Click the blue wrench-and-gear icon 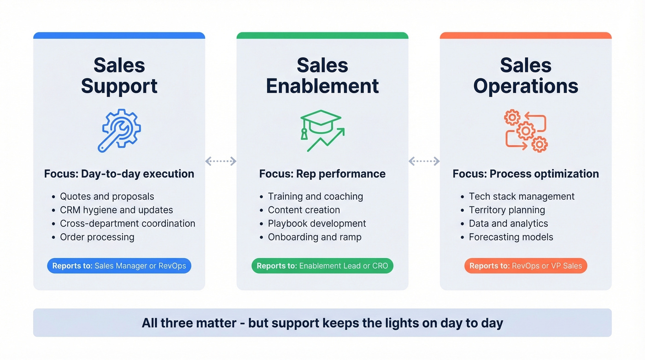pyautogui.click(x=119, y=130)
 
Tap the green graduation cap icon pyautogui.click(x=322, y=130)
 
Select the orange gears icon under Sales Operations pyautogui.click(x=526, y=130)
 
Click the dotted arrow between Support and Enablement pyautogui.click(x=221, y=161)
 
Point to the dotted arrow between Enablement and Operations pyautogui.click(x=424, y=161)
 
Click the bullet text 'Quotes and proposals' pyautogui.click(x=107, y=196)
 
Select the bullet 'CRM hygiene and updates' pyautogui.click(x=117, y=210)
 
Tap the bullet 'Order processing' pyautogui.click(x=97, y=237)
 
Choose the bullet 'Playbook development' pyautogui.click(x=317, y=224)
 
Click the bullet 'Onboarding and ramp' pyautogui.click(x=315, y=237)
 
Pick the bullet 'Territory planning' pyautogui.click(x=507, y=210)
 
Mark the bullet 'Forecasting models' pyautogui.click(x=511, y=237)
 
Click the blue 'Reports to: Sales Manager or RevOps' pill pyautogui.click(x=119, y=266)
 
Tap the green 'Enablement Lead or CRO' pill pyautogui.click(x=322, y=266)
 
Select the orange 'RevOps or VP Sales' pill pyautogui.click(x=526, y=266)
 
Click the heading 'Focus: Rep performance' pyautogui.click(x=322, y=174)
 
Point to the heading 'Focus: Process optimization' pyautogui.click(x=526, y=174)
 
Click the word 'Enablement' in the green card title pyautogui.click(x=322, y=86)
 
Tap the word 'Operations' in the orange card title pyautogui.click(x=526, y=86)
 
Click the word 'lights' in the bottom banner pyautogui.click(x=381, y=323)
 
